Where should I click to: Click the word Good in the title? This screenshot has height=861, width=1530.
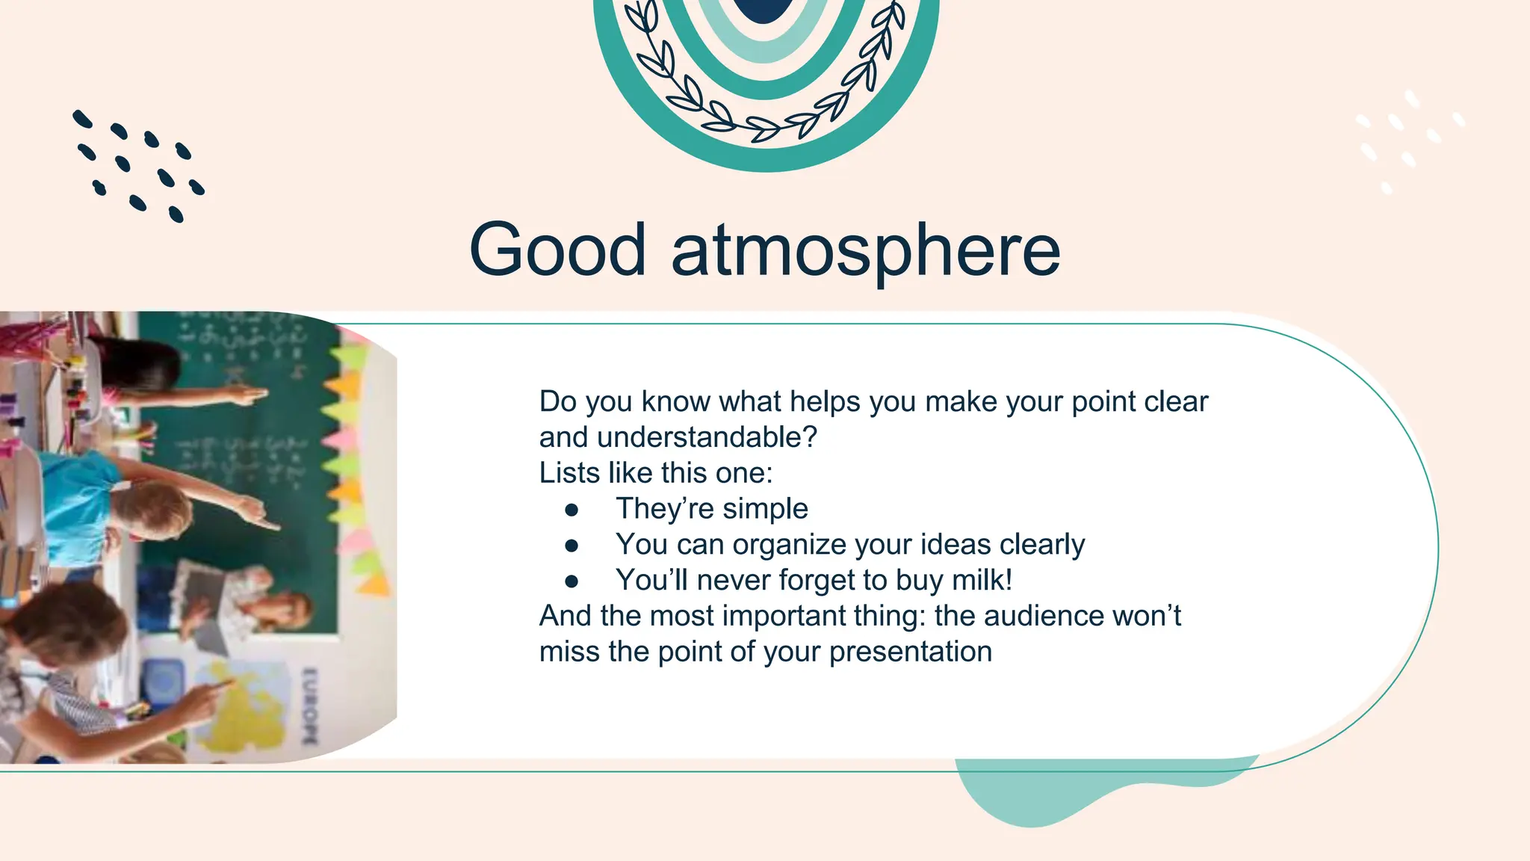(x=557, y=250)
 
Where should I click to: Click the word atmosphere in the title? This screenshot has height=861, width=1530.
(x=866, y=251)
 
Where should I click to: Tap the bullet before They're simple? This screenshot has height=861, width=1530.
(x=572, y=510)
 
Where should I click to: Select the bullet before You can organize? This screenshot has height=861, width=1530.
(x=572, y=546)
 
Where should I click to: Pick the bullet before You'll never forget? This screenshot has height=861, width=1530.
(x=572, y=581)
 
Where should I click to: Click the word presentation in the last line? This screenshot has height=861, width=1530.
(x=911, y=652)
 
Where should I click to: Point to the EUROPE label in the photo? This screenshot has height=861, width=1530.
(x=309, y=706)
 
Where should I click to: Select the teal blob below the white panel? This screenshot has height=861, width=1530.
(x=1046, y=796)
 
